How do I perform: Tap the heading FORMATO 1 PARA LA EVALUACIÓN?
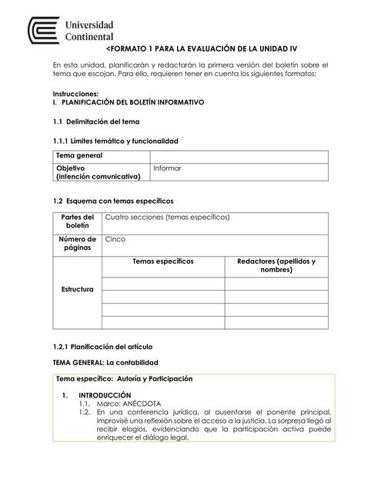coord(202,48)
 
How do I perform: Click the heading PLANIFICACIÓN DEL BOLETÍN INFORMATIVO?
coord(132,102)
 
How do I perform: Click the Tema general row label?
coord(79,156)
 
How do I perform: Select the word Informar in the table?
coord(167,168)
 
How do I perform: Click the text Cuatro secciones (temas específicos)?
coord(167,218)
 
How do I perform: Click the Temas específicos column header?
coord(163,262)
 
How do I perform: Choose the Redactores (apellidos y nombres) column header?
coord(276,266)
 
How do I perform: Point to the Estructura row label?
coord(77,290)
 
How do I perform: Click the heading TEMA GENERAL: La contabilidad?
coord(105,362)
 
